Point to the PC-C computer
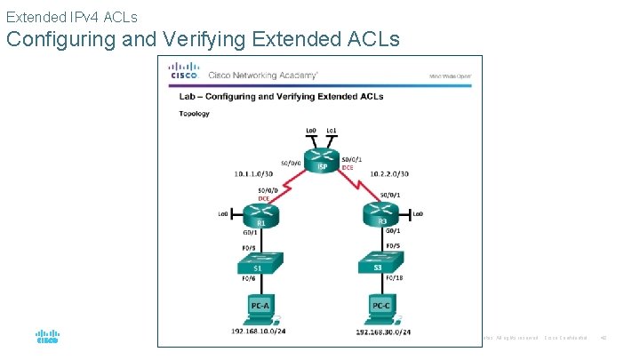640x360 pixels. pos(380,307)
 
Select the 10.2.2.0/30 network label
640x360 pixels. pos(386,176)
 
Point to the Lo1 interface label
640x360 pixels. pos(332,132)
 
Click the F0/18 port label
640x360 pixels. pos(390,277)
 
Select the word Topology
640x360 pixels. pos(194,114)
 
